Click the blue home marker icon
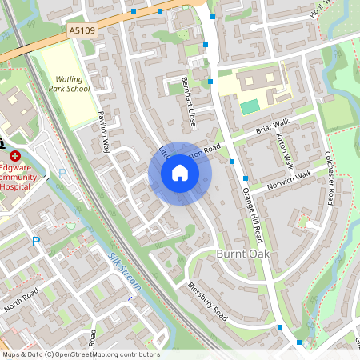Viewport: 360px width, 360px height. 180,172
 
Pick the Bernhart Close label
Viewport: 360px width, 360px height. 189,104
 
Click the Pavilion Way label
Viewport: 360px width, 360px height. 103,133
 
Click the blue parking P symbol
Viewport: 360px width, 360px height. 35,241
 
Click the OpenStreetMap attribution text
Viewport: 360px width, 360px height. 80,354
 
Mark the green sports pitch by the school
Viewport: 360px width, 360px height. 250,106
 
